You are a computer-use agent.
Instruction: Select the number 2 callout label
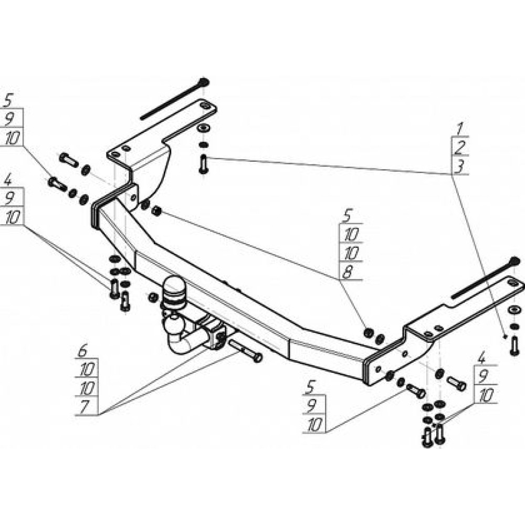460,148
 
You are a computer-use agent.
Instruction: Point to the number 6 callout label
82,351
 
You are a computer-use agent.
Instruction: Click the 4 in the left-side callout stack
8,180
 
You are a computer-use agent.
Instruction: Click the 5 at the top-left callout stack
8,100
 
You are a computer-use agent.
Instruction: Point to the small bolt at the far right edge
514,345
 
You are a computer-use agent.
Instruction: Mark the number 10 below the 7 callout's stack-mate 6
86,370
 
